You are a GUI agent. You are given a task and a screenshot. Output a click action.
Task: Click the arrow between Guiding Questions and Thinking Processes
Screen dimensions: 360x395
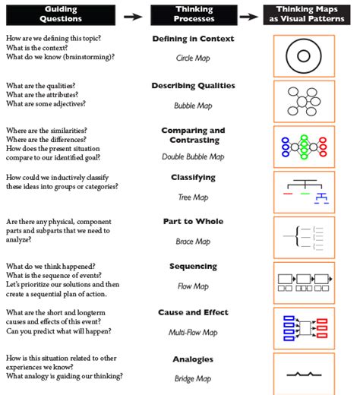coord(133,14)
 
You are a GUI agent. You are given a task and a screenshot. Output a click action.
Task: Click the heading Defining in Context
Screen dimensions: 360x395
coord(193,39)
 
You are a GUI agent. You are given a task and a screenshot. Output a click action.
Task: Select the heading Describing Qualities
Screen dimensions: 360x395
coord(193,86)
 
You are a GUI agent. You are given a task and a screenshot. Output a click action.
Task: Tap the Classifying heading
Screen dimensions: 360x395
coord(193,178)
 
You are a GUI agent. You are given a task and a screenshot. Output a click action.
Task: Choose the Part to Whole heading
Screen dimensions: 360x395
coord(193,222)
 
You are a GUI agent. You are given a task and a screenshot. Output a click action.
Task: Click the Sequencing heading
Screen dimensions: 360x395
coord(193,267)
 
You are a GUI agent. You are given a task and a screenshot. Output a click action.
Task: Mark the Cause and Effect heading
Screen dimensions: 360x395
coord(193,312)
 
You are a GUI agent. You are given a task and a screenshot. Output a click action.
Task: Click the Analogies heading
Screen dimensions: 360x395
coord(193,359)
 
